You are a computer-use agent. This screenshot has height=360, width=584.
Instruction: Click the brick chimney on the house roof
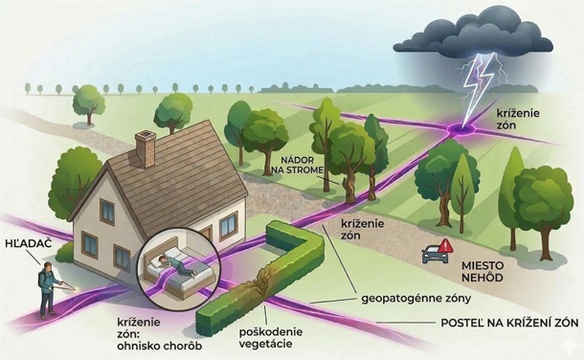[146, 148]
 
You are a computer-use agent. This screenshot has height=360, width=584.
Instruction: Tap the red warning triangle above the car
[445, 246]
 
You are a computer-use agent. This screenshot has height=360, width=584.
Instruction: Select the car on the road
[435, 255]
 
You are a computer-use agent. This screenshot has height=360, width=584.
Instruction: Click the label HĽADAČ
[29, 244]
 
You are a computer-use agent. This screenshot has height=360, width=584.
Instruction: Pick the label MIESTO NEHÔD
[483, 271]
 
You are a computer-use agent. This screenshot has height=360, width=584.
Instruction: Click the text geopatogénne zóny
[416, 299]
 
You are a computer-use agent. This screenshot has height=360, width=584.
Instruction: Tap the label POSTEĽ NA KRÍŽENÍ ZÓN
[510, 323]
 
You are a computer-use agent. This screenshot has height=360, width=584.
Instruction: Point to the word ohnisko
[139, 347]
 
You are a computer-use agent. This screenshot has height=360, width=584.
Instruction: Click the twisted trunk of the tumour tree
[349, 189]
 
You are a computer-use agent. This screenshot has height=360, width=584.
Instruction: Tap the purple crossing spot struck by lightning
[461, 129]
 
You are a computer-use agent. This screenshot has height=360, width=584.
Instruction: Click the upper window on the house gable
[107, 212]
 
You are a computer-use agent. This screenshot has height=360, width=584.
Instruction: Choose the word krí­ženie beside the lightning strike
[518, 113]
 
